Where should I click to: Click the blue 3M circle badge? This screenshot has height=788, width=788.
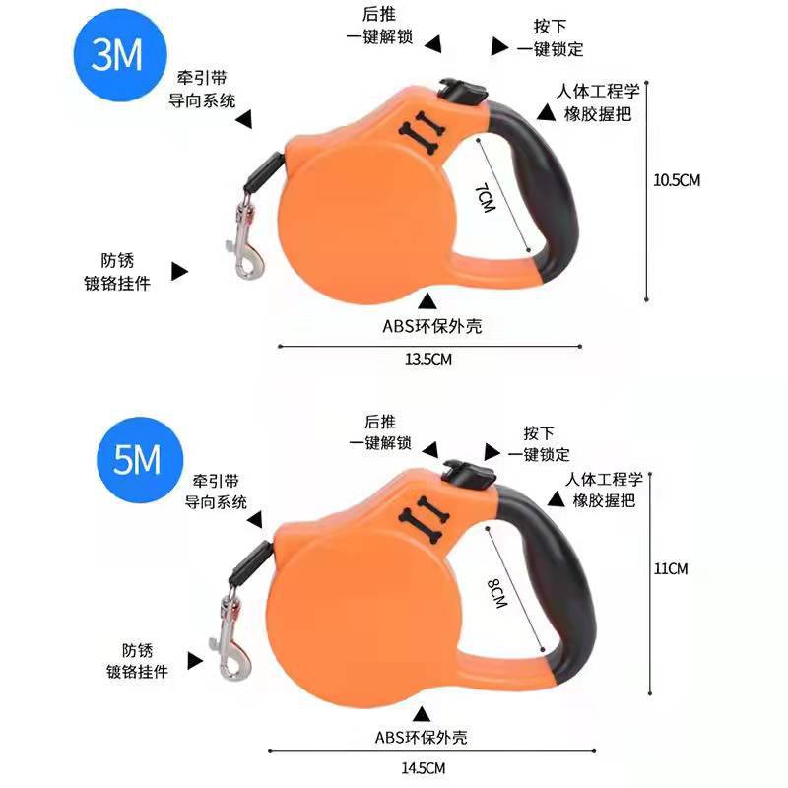pyautogui.click(x=117, y=58)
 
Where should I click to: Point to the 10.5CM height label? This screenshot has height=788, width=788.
pyautogui.click(x=678, y=180)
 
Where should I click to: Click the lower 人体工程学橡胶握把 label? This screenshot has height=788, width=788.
pyautogui.click(x=604, y=490)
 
